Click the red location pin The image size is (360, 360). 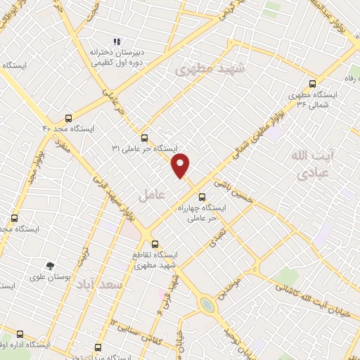(181, 165)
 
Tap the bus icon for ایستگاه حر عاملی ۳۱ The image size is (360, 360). (144, 138)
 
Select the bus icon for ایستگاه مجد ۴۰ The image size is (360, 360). (68, 118)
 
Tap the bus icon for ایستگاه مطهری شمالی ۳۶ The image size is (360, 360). (312, 82)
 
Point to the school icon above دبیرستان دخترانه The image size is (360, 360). (117, 41)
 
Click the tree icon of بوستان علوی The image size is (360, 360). (50, 266)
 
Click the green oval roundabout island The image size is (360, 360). (206, 304)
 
